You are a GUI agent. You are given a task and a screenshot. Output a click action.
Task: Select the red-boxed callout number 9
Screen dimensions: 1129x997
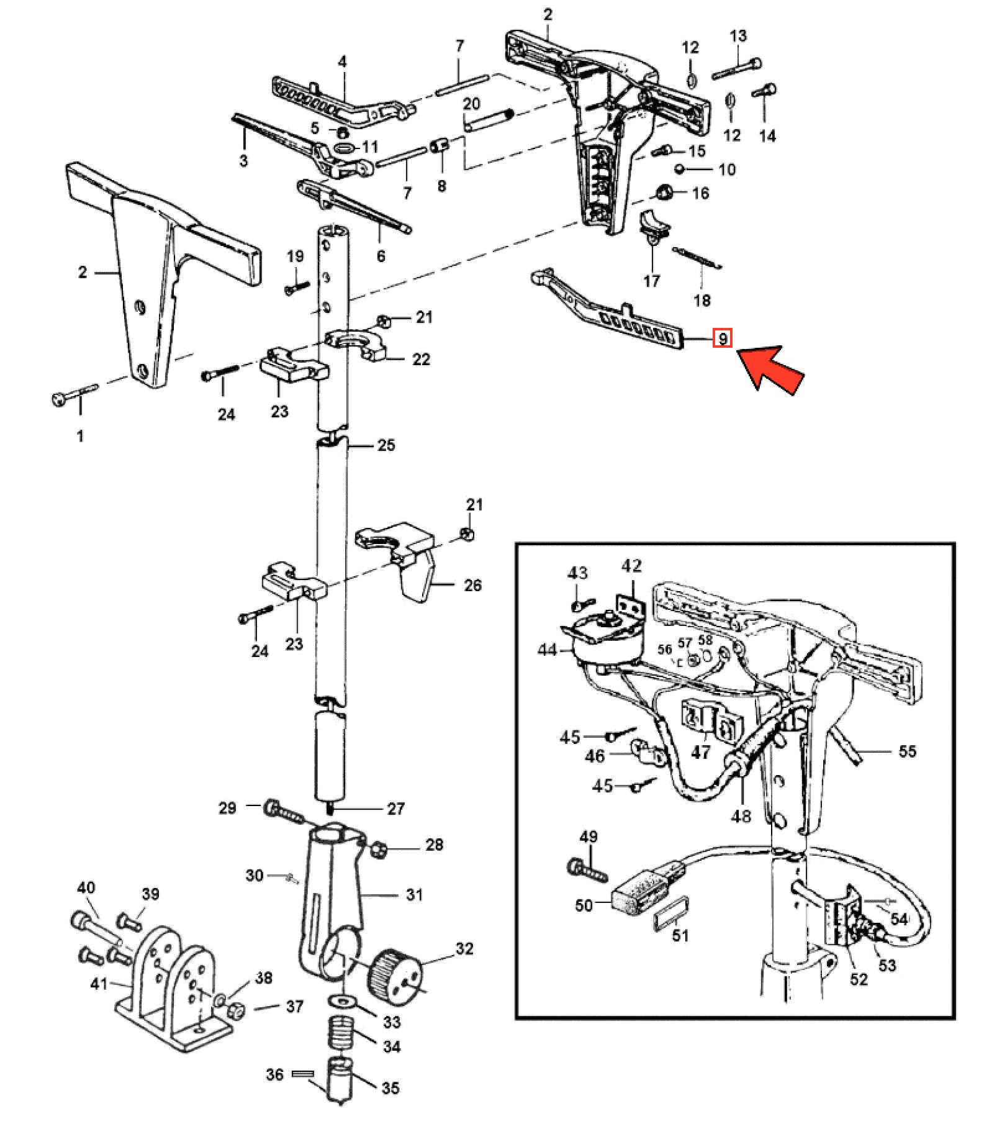pyautogui.click(x=723, y=338)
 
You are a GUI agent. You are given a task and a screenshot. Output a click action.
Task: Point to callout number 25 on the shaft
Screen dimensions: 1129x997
pyautogui.click(x=386, y=445)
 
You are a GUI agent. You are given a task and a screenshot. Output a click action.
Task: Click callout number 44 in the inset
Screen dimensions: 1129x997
pyautogui.click(x=547, y=650)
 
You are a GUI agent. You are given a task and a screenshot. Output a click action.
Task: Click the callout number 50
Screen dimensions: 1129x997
pyautogui.click(x=584, y=905)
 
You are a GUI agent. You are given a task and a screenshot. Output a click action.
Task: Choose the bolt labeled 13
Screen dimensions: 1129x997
pyautogui.click(x=736, y=68)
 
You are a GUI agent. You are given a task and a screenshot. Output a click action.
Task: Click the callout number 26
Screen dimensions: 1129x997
pyautogui.click(x=472, y=585)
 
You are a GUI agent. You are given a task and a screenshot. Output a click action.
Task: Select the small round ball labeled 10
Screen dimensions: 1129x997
pyautogui.click(x=681, y=168)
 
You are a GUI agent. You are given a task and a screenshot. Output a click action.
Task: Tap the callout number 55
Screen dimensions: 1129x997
pyautogui.click(x=907, y=751)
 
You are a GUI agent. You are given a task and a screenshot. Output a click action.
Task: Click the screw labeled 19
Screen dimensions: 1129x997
pyautogui.click(x=297, y=287)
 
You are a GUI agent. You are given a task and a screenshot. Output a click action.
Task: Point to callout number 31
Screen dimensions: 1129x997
pyautogui.click(x=414, y=894)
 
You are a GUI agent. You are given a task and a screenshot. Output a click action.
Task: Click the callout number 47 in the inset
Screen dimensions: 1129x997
pyautogui.click(x=700, y=752)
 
